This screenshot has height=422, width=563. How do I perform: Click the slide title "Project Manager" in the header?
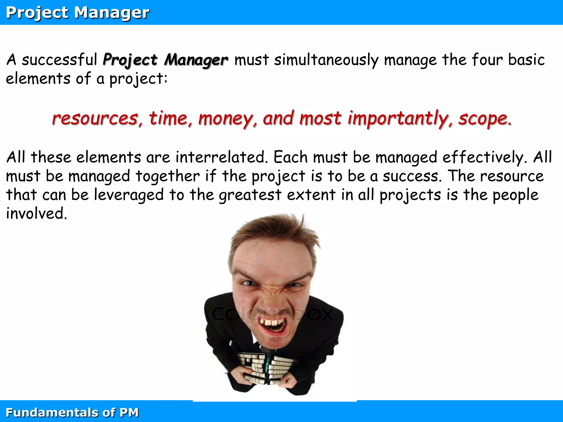pos(78,13)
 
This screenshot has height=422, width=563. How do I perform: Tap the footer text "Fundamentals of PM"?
pos(72,412)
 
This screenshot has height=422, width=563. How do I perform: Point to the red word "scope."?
pos(485,119)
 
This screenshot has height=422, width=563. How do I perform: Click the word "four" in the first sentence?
pos(487,60)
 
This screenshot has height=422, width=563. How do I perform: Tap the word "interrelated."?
pos(222,157)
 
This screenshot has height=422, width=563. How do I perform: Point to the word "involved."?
pos(37,213)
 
